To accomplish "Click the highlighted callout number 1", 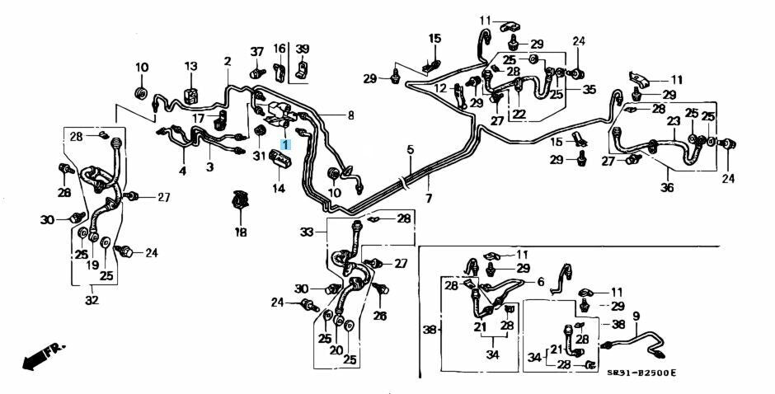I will pyautogui.click(x=286, y=143).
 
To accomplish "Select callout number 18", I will pyautogui.click(x=241, y=232).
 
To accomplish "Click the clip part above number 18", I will pyautogui.click(x=241, y=201).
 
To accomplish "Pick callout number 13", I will pyautogui.click(x=191, y=66).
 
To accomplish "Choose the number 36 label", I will pyautogui.click(x=666, y=188).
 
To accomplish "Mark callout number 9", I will pyautogui.click(x=636, y=315).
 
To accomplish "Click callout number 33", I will pyautogui.click(x=308, y=232).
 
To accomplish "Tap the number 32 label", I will pyautogui.click(x=92, y=300).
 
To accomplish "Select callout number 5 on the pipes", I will pyautogui.click(x=409, y=149).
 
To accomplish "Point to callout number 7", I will pyautogui.click(x=428, y=199).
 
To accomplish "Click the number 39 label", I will pyautogui.click(x=303, y=49).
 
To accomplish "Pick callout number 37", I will pyautogui.click(x=256, y=51).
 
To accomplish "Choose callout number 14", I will pyautogui.click(x=278, y=189).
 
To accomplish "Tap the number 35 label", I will pyautogui.click(x=589, y=89).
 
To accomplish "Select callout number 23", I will pyautogui.click(x=674, y=120).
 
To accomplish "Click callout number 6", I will pyautogui.click(x=540, y=282).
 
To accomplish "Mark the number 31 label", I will pyautogui.click(x=258, y=156).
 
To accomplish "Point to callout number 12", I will pyautogui.click(x=440, y=88).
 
